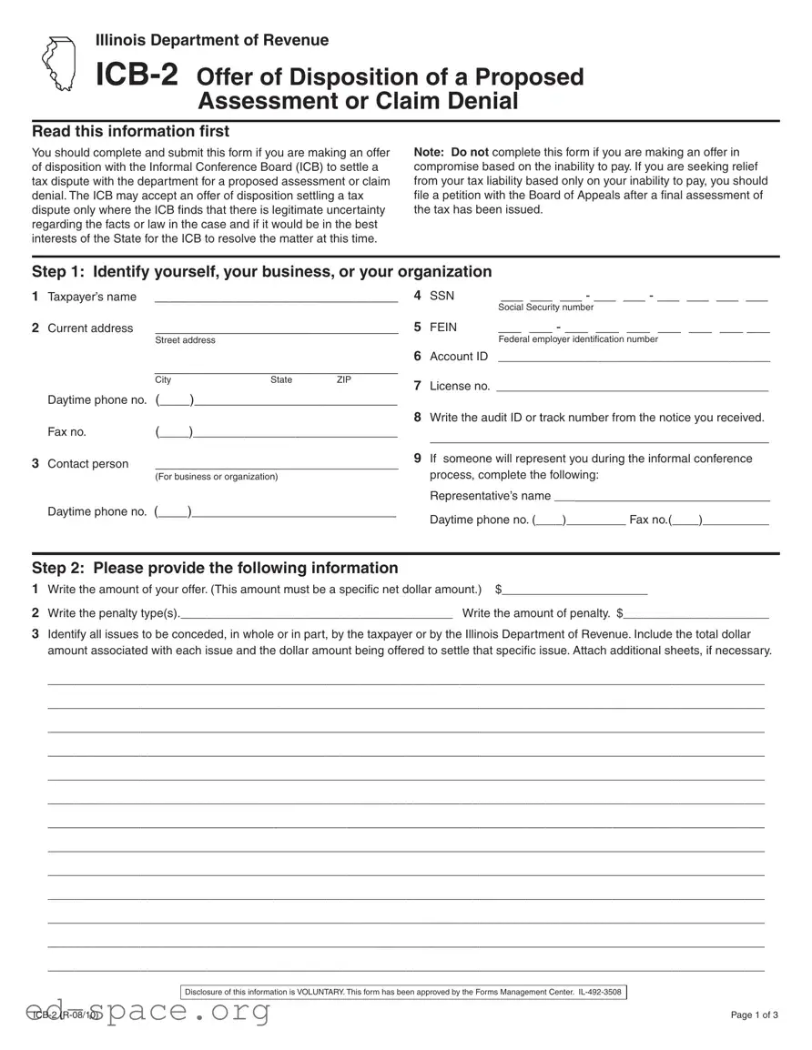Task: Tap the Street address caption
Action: tap(185, 340)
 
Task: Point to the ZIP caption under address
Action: tap(343, 379)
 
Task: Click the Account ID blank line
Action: tap(634, 357)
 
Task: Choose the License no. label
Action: tap(459, 386)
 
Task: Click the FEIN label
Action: tap(443, 327)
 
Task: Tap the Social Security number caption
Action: tap(545, 308)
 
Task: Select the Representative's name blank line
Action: tap(662, 496)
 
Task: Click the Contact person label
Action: tap(87, 464)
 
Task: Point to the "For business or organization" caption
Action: tap(217, 477)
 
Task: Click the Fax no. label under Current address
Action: tap(66, 432)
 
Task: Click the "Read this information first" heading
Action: tap(130, 132)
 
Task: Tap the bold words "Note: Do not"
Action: tap(451, 152)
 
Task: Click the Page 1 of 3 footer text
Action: tap(754, 1015)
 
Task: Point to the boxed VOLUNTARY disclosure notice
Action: tap(402, 992)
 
